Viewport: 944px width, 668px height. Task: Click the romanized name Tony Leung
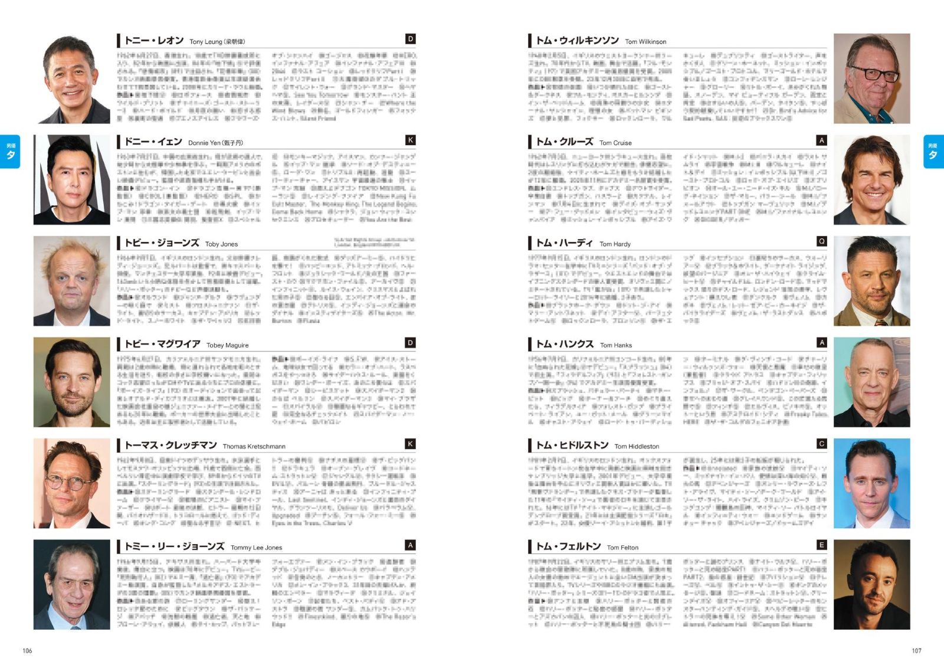pyautogui.click(x=205, y=42)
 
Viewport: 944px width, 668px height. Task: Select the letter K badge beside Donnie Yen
pyautogui.click(x=411, y=140)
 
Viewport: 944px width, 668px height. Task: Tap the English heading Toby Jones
pyautogui.click(x=221, y=244)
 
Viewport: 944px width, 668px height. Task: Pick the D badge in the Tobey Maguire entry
pyautogui.click(x=411, y=343)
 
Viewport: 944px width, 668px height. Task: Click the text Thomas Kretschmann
pyautogui.click(x=254, y=447)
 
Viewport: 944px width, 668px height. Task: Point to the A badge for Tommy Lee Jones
pyautogui.click(x=411, y=545)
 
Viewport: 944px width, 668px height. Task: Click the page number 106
pyautogui.click(x=27, y=651)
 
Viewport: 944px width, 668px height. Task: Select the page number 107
pyautogui.click(x=916, y=651)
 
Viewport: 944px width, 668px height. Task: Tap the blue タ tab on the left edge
pyautogui.click(x=11, y=152)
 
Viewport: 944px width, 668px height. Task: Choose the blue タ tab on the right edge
pyautogui.click(x=933, y=152)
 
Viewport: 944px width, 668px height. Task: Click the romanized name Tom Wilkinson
pyautogui.click(x=645, y=42)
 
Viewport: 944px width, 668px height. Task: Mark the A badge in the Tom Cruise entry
pyautogui.click(x=821, y=140)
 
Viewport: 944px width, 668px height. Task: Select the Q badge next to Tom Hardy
pyautogui.click(x=821, y=241)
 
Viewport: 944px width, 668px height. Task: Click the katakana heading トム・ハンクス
pyautogui.click(x=565, y=344)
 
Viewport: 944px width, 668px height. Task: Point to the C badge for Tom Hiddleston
pyautogui.click(x=821, y=444)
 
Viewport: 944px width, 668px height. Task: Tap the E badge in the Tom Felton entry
pyautogui.click(x=821, y=545)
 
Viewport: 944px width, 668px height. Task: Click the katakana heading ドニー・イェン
pyautogui.click(x=153, y=142)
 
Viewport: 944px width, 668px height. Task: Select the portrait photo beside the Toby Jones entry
pyautogui.click(x=71, y=281)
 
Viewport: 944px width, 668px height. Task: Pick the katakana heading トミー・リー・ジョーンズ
pyautogui.click(x=174, y=546)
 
